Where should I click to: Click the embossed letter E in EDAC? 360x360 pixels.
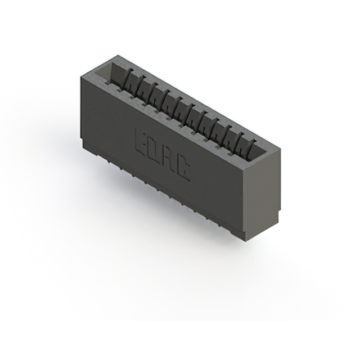point(142,141)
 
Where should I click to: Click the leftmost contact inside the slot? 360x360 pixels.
point(129,79)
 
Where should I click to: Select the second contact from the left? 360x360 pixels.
point(141,85)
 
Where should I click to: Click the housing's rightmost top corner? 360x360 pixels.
point(280,147)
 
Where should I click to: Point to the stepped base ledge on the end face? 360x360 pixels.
point(261,223)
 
